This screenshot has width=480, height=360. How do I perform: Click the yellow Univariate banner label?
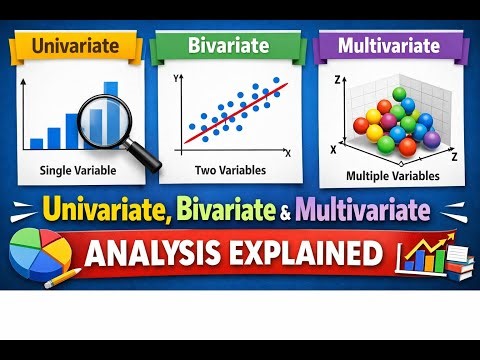(74, 46)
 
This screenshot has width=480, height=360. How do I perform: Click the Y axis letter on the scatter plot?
(176, 76)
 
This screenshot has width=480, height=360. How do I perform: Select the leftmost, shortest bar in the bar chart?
(37, 143)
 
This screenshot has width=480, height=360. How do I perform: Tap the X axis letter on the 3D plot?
(332, 148)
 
